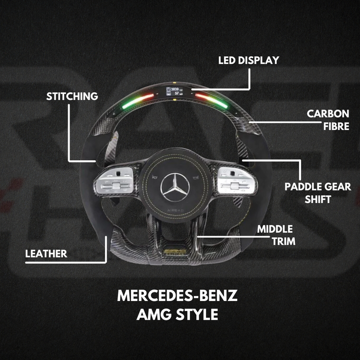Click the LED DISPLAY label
tap(248, 60)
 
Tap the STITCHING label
tap(72, 96)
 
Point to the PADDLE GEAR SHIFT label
tap(318, 192)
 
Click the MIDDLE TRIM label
tap(275, 235)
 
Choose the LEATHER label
tap(46, 253)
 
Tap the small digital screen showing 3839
tap(175, 92)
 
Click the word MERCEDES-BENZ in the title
tap(177, 296)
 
